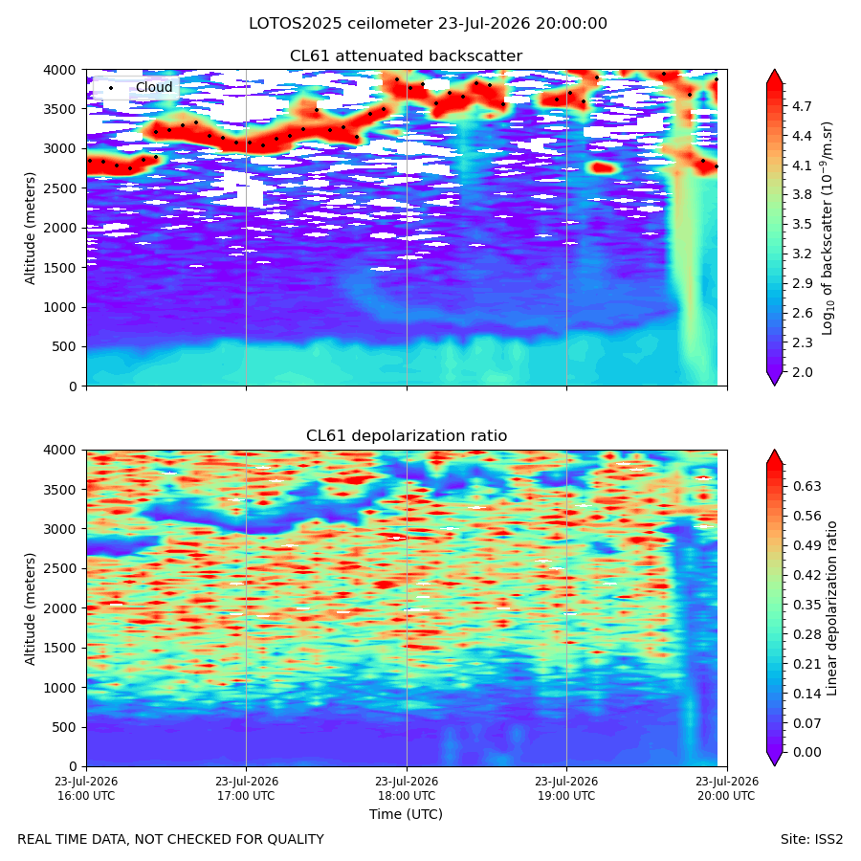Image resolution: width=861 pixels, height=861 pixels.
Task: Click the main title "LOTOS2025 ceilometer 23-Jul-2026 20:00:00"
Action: tap(428, 24)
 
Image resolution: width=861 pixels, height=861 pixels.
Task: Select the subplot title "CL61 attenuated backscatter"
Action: tap(407, 56)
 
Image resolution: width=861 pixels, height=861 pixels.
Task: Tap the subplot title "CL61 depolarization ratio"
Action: tap(407, 436)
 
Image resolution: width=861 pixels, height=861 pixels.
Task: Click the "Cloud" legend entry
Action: tap(154, 87)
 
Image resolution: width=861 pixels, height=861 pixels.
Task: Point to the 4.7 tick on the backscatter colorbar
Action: tap(802, 106)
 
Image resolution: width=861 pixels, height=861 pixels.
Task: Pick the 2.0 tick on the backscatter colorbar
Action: tap(802, 372)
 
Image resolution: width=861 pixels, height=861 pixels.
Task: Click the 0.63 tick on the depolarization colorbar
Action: tap(806, 487)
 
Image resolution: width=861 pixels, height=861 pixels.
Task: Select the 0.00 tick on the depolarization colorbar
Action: tap(806, 752)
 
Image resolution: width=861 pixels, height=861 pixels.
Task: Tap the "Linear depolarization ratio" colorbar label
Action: tap(831, 608)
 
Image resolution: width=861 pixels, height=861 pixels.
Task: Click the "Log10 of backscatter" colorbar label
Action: tap(828, 229)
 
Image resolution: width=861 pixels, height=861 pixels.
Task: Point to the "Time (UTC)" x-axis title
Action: tap(406, 814)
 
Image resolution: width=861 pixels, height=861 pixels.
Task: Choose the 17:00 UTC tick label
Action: tap(246, 788)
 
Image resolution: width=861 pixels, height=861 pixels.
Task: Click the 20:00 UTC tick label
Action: tap(727, 788)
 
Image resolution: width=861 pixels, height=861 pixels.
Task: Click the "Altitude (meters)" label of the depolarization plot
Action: tap(30, 608)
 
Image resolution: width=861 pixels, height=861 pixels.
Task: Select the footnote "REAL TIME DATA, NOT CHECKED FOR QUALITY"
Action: tap(171, 839)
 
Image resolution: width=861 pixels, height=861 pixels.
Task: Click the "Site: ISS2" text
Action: tap(811, 839)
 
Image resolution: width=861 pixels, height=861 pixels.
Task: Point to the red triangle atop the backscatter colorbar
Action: tap(774, 77)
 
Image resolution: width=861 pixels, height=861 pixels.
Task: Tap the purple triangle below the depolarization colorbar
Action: tap(774, 759)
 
